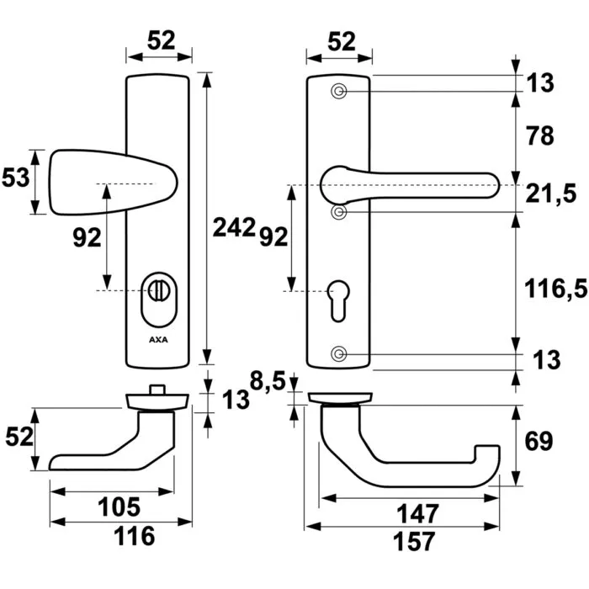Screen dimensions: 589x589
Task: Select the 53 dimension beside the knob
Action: [17, 178]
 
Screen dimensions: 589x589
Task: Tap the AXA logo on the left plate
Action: [157, 341]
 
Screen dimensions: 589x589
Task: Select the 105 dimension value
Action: [114, 507]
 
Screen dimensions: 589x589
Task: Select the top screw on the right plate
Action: [339, 91]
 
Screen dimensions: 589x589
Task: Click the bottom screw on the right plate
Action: [339, 353]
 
